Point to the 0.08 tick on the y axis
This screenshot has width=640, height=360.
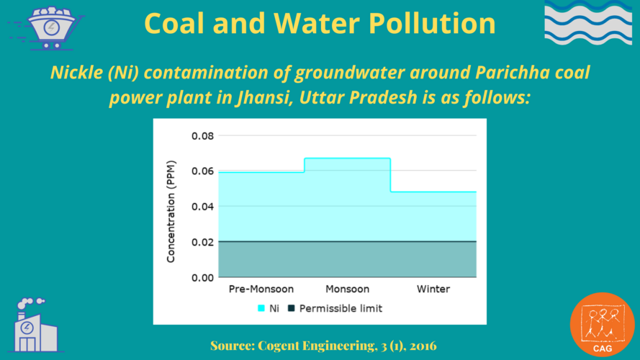202,136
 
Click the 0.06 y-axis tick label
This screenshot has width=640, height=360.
202,171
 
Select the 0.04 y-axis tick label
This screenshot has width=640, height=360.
202,207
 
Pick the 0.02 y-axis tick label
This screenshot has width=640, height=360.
202,242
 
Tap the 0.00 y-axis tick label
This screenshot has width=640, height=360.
202,277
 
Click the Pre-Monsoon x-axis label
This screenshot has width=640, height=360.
261,289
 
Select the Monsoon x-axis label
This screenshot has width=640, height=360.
347,289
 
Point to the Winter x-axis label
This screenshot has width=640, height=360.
433,289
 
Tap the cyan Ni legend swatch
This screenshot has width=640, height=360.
261,309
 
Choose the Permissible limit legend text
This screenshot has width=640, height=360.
341,309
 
